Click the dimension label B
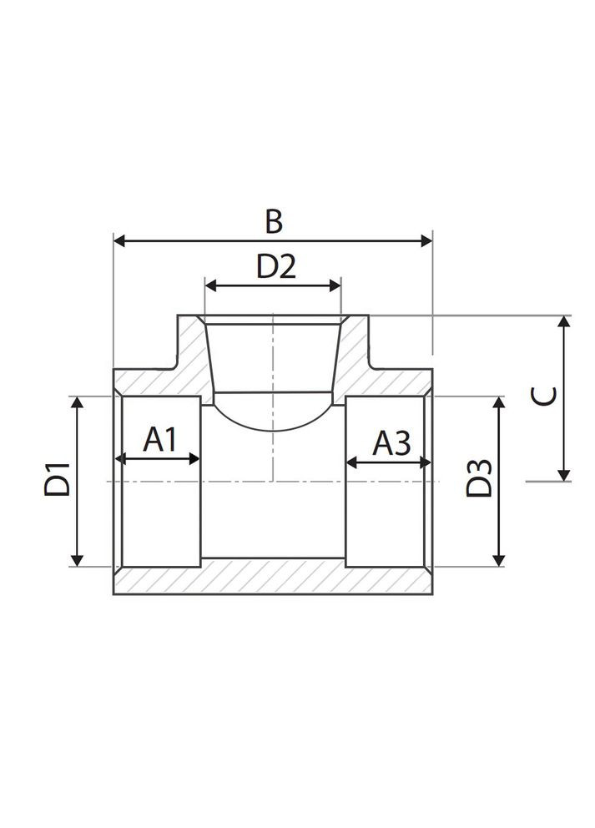274,221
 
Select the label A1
160,440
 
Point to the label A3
391,442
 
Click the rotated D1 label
57,479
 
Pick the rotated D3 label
479,479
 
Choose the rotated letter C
544,396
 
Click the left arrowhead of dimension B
120,241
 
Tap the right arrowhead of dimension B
426,241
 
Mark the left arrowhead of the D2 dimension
211,285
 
